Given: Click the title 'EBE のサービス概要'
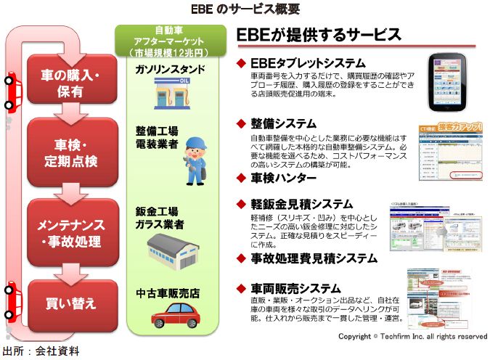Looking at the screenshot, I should click(x=245, y=9).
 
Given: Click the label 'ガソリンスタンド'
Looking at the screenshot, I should click(x=169, y=69).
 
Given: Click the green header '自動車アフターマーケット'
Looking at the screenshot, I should click(x=168, y=42).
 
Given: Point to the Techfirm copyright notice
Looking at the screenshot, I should click(x=412, y=337).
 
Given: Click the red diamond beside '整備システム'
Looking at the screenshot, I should click(x=242, y=123).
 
